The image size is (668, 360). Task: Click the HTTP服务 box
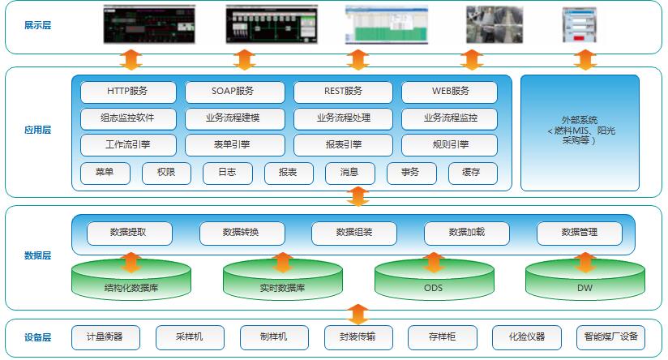tap(128, 92)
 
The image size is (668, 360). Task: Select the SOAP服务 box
tap(234, 92)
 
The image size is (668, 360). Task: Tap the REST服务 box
tap(342, 92)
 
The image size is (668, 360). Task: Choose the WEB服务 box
tap(449, 92)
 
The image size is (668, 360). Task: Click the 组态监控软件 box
tap(128, 118)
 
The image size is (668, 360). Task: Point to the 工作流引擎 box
tap(128, 145)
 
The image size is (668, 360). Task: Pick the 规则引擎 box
tap(449, 145)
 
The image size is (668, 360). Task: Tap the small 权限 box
tap(166, 173)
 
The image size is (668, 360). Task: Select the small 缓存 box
tap(471, 173)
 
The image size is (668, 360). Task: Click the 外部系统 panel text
tap(579, 130)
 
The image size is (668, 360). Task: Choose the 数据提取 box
tap(130, 233)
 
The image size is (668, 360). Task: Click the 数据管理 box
tap(579, 233)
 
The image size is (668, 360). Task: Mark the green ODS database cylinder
tap(434, 284)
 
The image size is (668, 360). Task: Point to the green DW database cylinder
tap(584, 284)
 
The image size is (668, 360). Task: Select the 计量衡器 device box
tap(104, 336)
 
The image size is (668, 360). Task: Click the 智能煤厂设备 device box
tap(610, 336)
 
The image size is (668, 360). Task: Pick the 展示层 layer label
tap(37, 25)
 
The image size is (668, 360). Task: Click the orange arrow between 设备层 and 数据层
tap(358, 313)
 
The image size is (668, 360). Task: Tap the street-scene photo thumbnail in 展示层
tap(492, 24)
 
